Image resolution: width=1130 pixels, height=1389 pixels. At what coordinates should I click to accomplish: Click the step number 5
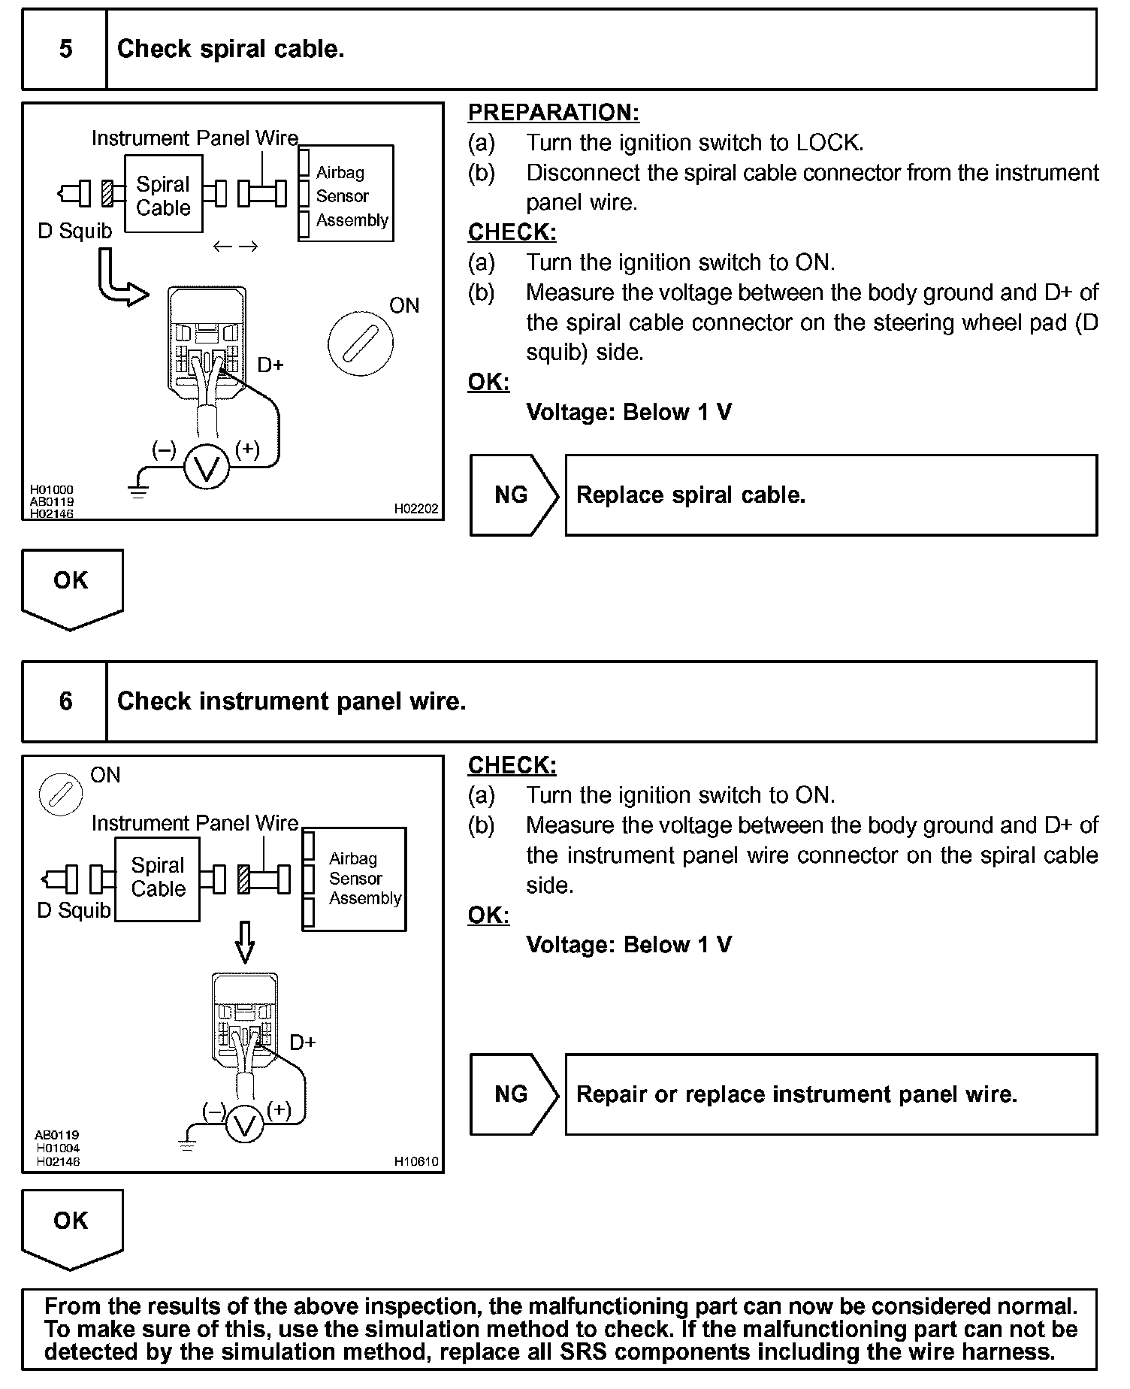pos(65,50)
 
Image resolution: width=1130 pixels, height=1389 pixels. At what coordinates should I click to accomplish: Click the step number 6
pos(65,702)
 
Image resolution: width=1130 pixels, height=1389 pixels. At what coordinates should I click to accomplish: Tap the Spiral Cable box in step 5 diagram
pos(163,195)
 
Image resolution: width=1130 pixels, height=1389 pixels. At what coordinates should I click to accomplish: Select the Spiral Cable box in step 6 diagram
pos(158,878)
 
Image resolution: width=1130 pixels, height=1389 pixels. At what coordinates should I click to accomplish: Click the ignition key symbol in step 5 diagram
pos(360,344)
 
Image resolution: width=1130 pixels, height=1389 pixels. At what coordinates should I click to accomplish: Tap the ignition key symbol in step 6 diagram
pos(60,794)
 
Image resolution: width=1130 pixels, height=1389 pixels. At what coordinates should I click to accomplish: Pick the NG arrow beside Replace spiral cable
pos(513,495)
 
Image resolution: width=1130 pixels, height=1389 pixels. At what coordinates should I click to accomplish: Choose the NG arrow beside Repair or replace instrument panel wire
pos(513,1094)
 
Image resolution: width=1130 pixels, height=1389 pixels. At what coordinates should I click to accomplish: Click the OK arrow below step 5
pos(71,586)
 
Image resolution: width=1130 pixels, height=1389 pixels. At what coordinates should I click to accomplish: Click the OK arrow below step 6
pos(71,1227)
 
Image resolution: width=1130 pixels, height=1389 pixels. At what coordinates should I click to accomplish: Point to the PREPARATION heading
pos(553,113)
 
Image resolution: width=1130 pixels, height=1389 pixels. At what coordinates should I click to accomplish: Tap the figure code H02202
pos(415,509)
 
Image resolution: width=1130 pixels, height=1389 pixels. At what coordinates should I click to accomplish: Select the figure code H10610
pos(415,1162)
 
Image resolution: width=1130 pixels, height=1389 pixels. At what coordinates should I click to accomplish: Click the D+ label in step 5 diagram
pos(270,365)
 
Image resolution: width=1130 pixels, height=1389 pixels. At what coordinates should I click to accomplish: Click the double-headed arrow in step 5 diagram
pos(235,247)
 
